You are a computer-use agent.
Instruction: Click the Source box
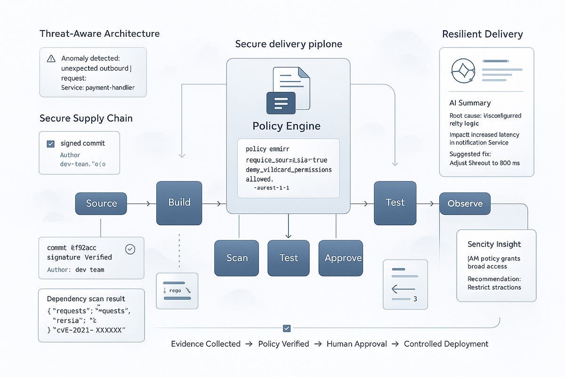click(x=101, y=204)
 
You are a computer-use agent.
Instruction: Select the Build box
click(x=179, y=203)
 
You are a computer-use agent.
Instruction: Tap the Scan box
click(x=237, y=258)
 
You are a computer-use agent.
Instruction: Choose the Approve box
click(x=343, y=258)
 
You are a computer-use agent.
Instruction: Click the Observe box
click(x=465, y=204)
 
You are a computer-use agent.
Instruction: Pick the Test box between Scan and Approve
click(x=289, y=258)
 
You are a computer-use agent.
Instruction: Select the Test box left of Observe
click(x=395, y=203)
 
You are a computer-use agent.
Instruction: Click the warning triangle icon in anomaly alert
click(x=51, y=59)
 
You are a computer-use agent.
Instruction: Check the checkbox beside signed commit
click(x=51, y=144)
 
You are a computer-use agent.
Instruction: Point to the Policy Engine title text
click(x=286, y=126)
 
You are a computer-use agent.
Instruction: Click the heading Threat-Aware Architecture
click(x=99, y=33)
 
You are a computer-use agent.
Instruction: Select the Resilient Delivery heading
click(x=483, y=34)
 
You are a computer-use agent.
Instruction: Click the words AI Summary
click(x=470, y=103)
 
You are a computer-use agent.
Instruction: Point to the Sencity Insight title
click(x=494, y=244)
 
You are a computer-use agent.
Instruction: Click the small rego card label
click(x=175, y=291)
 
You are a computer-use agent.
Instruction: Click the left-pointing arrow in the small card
click(x=403, y=289)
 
